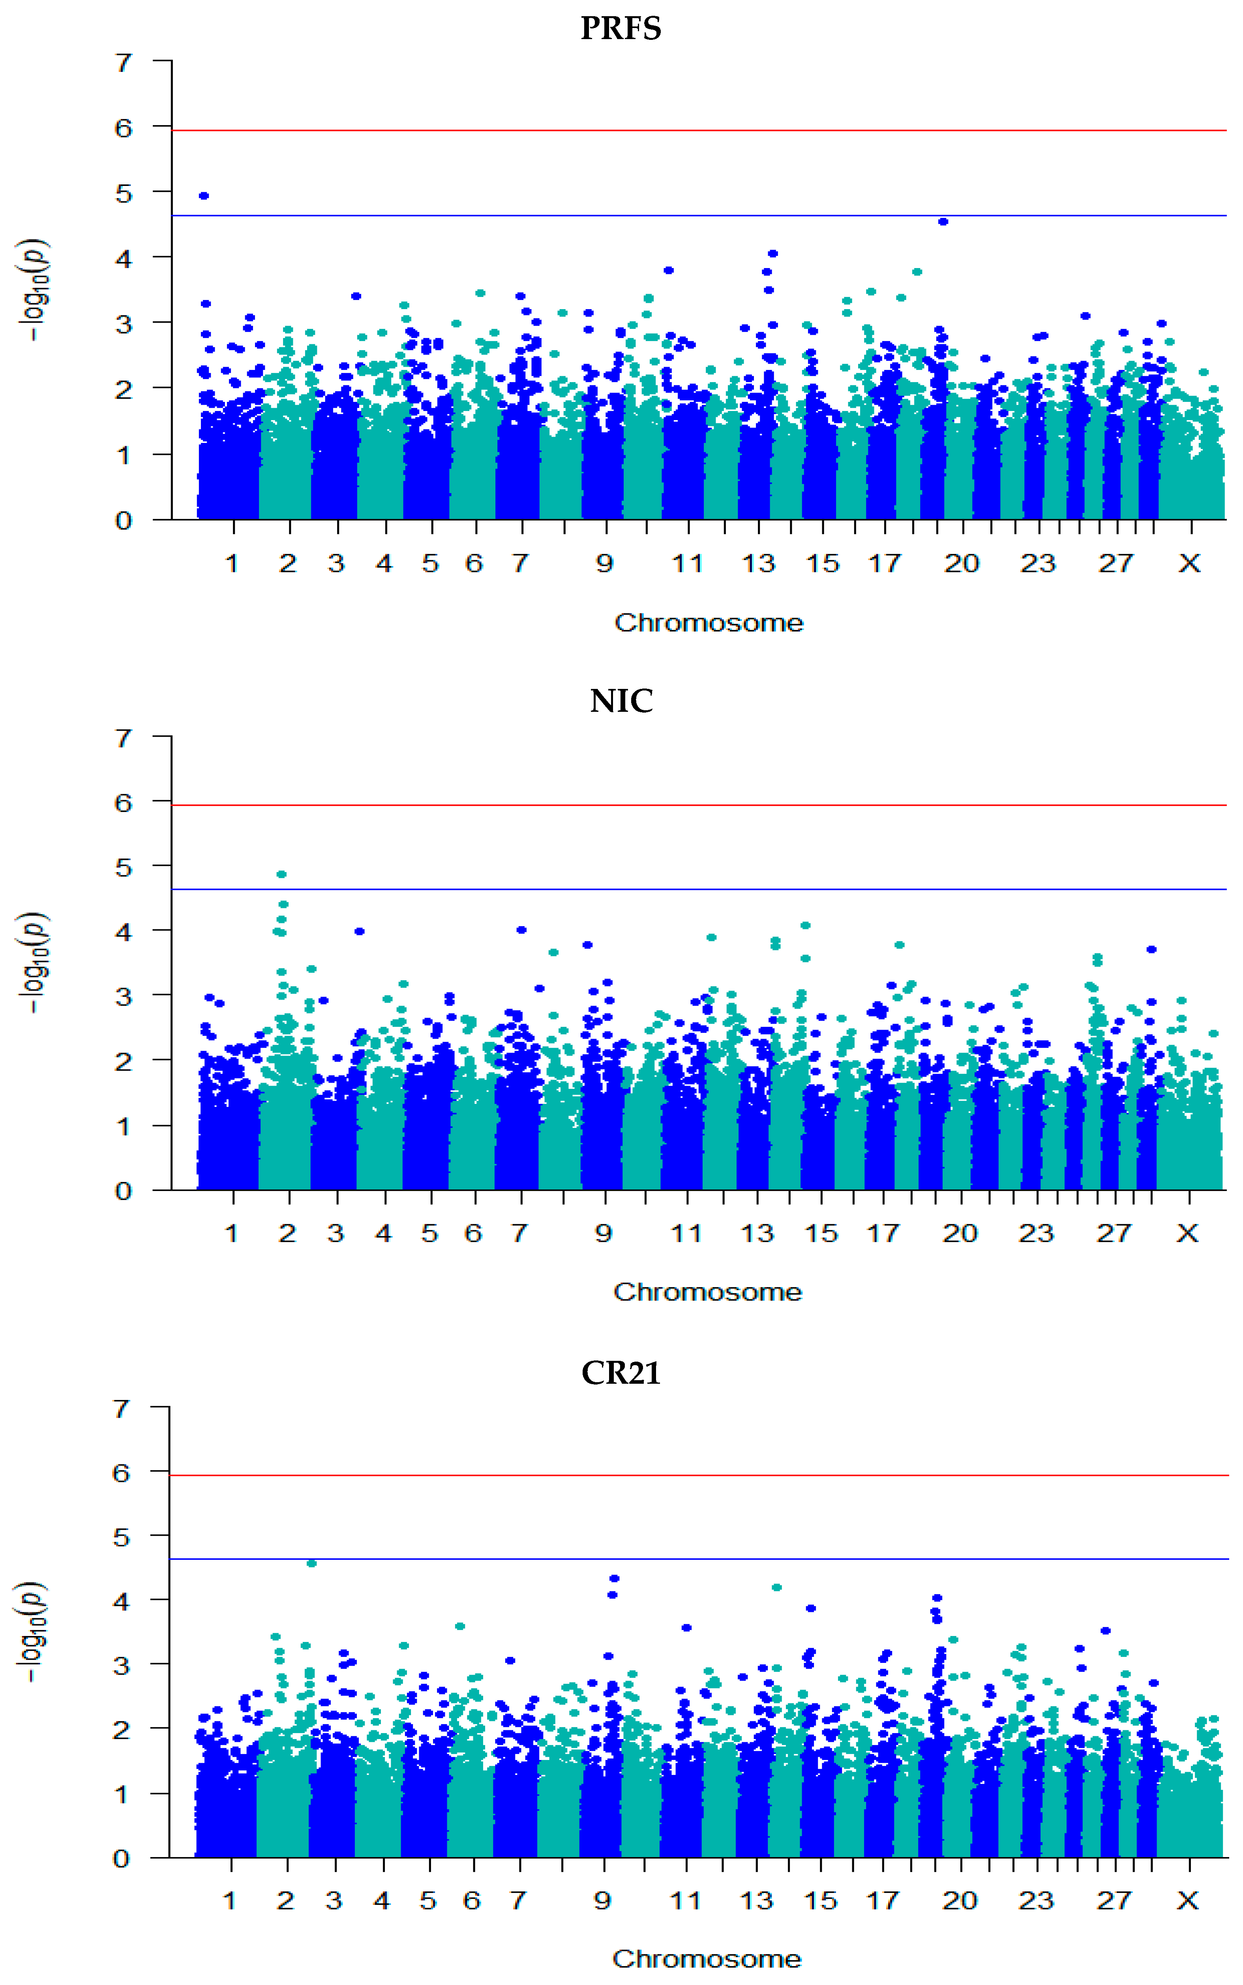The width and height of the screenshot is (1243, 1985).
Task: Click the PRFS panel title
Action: [621, 29]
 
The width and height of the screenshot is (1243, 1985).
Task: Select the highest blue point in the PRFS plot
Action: [204, 196]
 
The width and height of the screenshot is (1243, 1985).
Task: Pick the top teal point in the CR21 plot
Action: [311, 1563]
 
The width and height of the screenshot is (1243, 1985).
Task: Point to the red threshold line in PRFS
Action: [699, 130]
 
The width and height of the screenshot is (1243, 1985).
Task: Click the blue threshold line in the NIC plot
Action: [699, 889]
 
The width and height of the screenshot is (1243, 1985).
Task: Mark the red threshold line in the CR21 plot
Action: [699, 1475]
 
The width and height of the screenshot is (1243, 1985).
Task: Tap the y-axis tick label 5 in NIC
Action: [123, 867]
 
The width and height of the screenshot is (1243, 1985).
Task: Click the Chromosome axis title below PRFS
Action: [709, 623]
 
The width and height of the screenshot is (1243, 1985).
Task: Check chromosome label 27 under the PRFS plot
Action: [1116, 564]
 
